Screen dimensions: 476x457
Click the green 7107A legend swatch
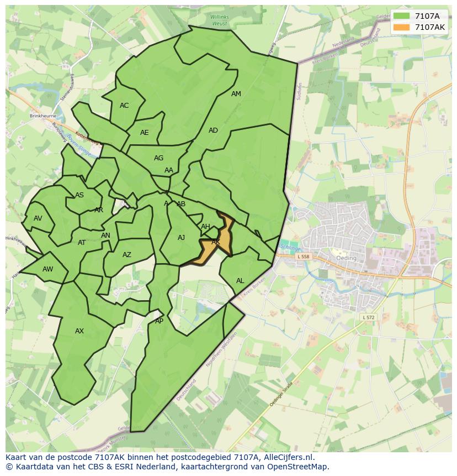pos(402,16)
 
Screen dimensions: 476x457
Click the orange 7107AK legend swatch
pos(402,27)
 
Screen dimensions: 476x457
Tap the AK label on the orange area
pos(216,242)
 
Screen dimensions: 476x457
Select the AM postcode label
pos(236,94)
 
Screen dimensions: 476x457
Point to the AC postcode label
pos(124,106)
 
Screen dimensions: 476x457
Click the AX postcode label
pos(79,331)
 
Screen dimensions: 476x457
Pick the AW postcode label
pos(48,269)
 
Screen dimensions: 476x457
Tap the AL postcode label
pos(240,281)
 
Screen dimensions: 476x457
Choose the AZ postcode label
pos(127,255)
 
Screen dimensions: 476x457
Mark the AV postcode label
pos(38,218)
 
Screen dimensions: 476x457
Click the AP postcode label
pos(159,321)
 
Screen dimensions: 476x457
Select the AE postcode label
pos(145,133)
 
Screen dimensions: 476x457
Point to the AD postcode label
pos(213,130)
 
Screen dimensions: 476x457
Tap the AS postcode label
pos(79,195)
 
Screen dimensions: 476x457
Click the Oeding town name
pos(346,258)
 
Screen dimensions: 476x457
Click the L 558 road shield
pos(303,257)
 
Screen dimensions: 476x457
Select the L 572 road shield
pos(369,317)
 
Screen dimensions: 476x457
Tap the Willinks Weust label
pos(219,20)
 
